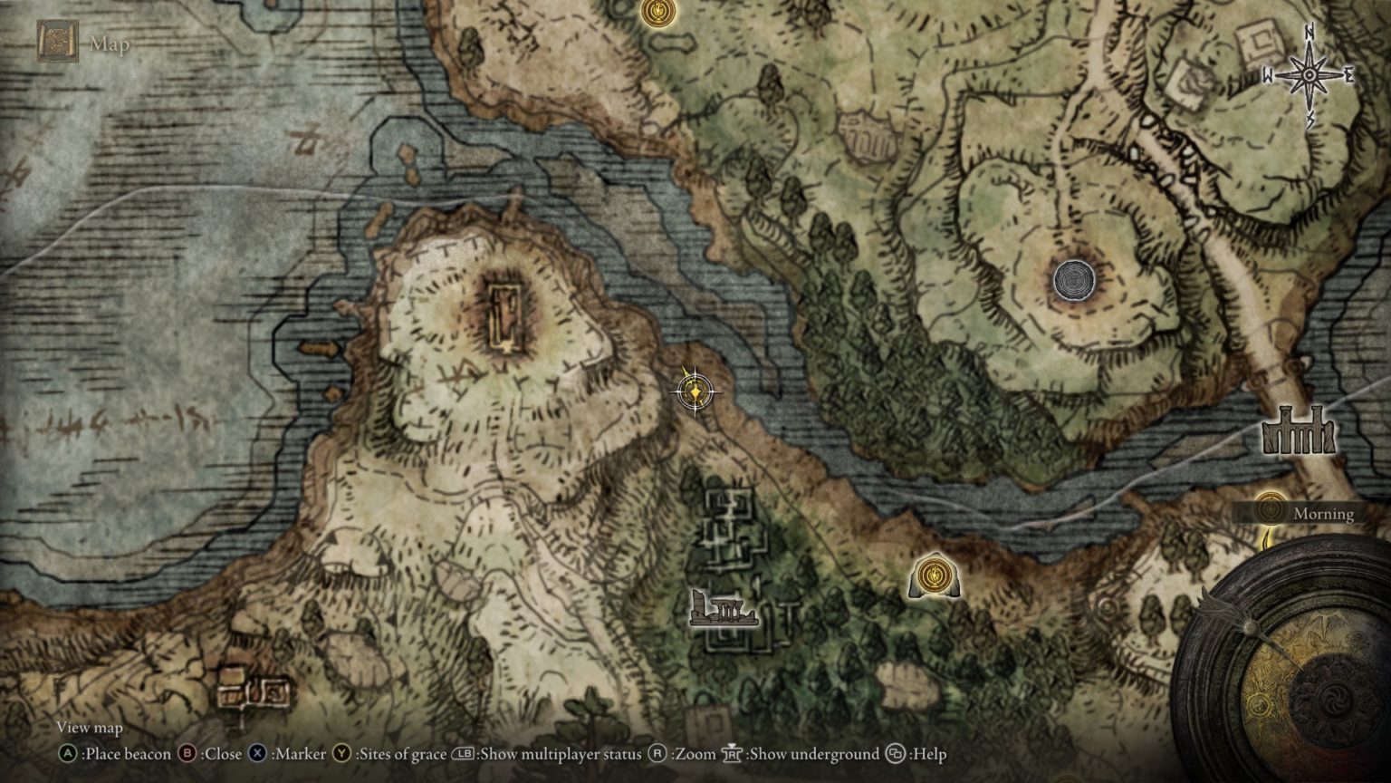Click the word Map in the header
[x=109, y=43]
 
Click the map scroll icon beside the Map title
[x=57, y=42]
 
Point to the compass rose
[x=1309, y=75]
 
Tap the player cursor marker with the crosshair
[x=695, y=391]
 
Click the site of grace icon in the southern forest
[x=933, y=575]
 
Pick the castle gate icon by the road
[x=1300, y=431]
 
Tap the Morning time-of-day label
[x=1323, y=514]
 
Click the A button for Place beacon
[x=68, y=754]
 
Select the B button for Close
[x=187, y=754]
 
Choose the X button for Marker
[x=258, y=754]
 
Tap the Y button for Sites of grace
[x=341, y=754]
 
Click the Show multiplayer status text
[x=560, y=754]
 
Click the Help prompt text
[x=928, y=754]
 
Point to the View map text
[x=89, y=728]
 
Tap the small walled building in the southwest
[x=254, y=691]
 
